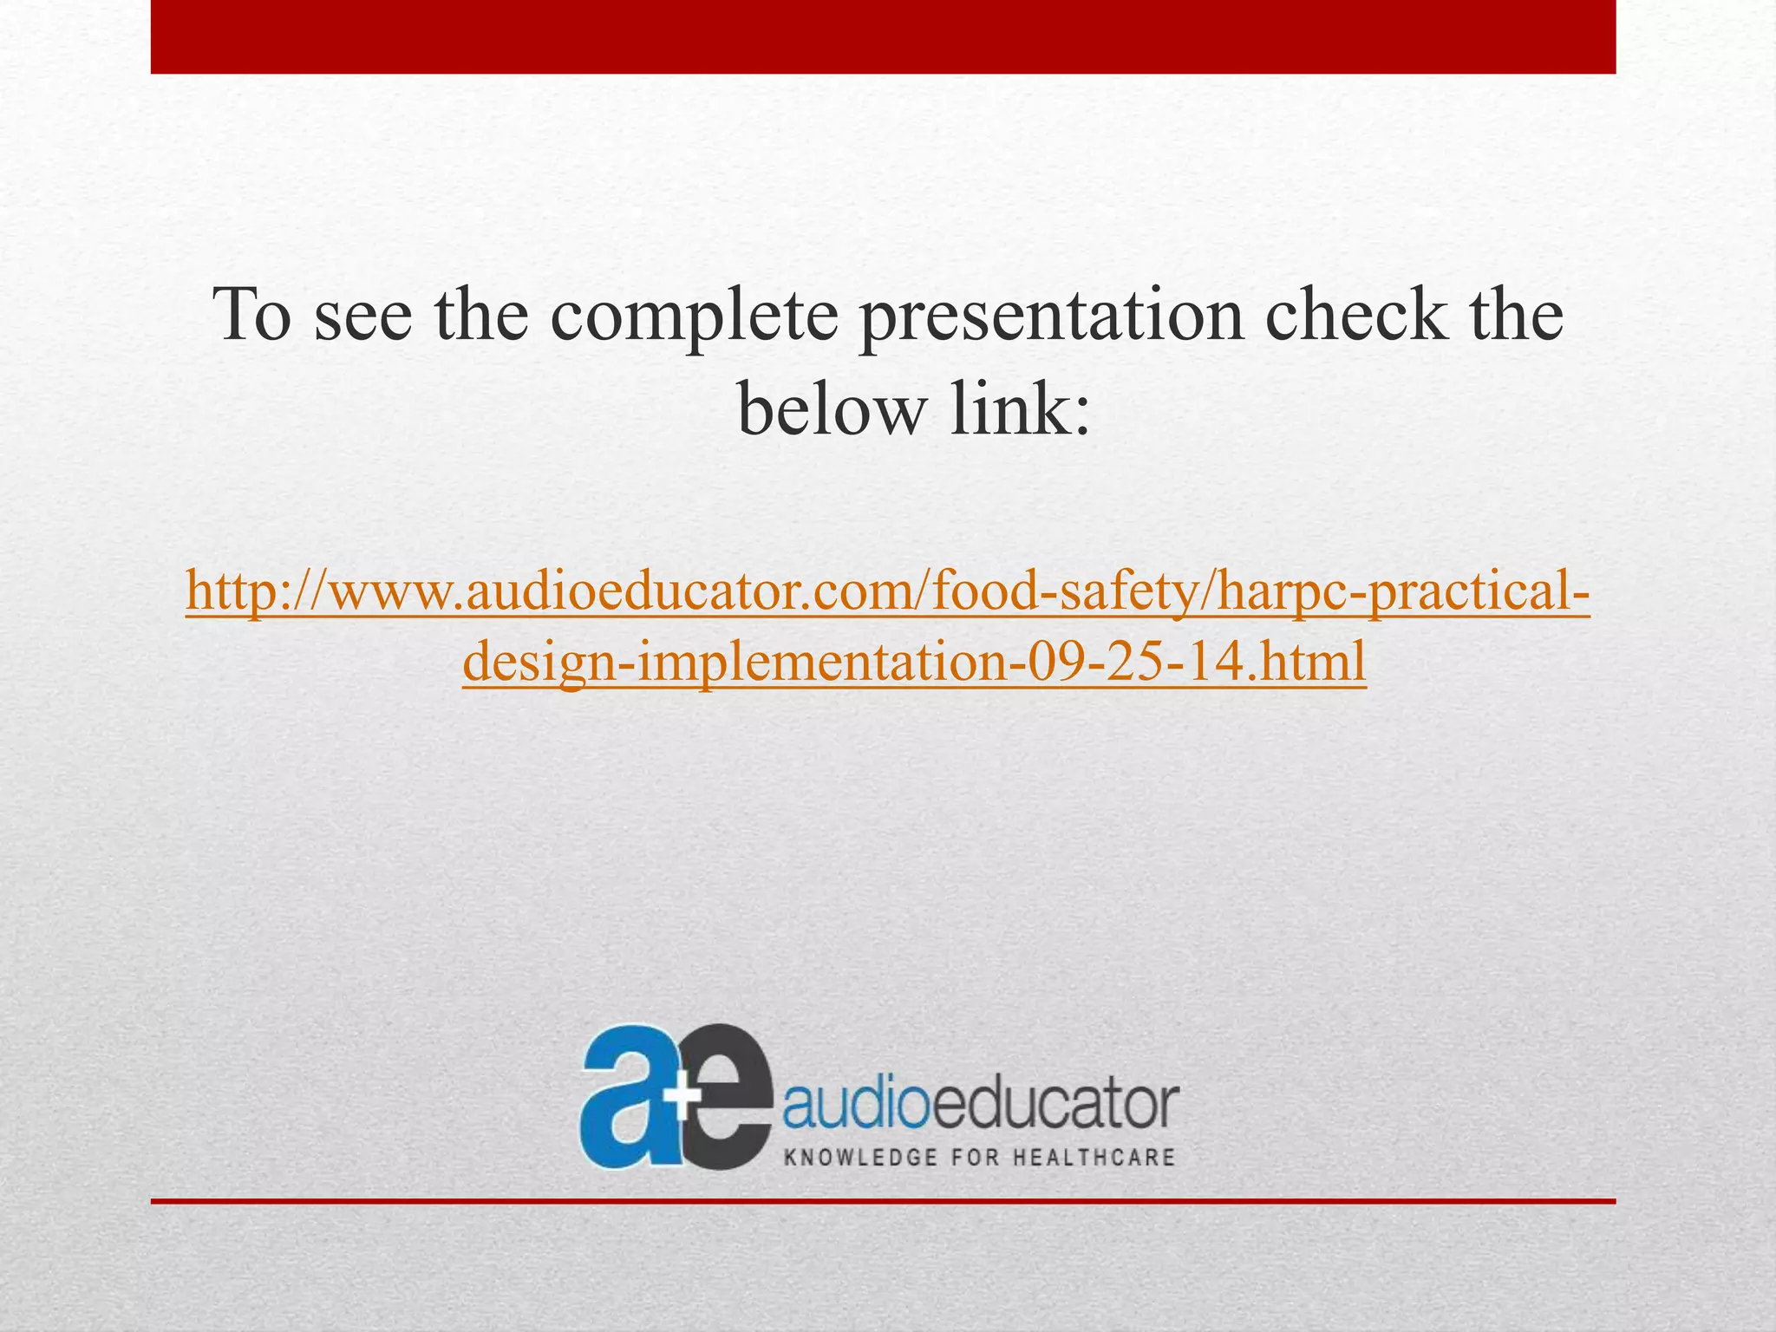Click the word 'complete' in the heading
(x=694, y=317)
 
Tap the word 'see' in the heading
(x=362, y=317)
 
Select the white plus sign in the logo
(x=685, y=1096)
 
